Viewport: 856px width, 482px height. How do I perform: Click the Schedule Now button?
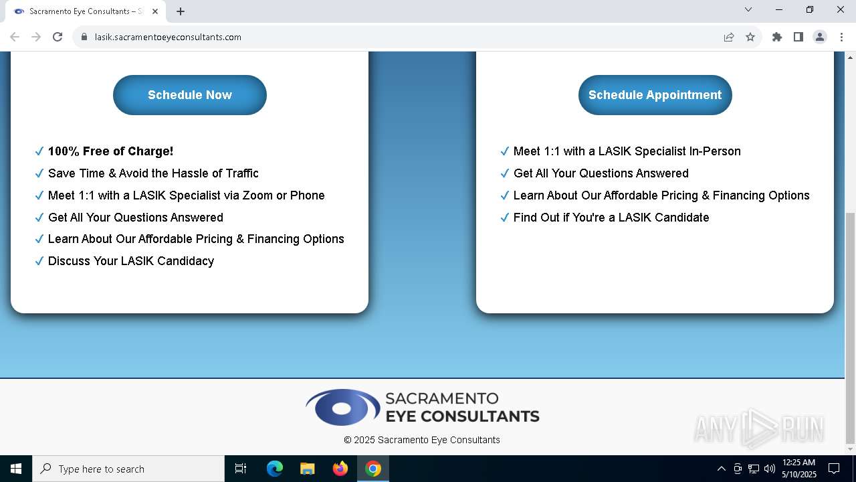pos(189,95)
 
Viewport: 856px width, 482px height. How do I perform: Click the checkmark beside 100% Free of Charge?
pos(39,151)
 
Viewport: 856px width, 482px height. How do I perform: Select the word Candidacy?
pos(186,261)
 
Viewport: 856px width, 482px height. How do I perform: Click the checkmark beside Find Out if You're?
pos(504,218)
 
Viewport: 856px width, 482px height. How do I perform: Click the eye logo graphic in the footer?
pos(343,407)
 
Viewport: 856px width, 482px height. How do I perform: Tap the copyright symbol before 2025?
pos(347,440)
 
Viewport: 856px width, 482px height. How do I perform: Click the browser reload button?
pos(58,37)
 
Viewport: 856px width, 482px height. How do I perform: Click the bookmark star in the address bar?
pos(750,37)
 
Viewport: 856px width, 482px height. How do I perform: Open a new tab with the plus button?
pos(181,11)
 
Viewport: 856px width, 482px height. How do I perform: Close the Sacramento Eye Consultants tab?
pos(154,11)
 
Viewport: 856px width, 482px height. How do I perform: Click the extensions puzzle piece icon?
pos(777,37)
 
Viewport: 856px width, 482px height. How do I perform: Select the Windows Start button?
pos(15,469)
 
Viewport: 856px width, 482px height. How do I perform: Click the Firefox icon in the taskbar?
pos(340,469)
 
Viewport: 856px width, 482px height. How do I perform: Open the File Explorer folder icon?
pos(307,469)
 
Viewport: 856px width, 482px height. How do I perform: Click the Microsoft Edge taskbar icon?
pos(274,469)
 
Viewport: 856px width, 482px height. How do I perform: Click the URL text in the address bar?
pos(168,37)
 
